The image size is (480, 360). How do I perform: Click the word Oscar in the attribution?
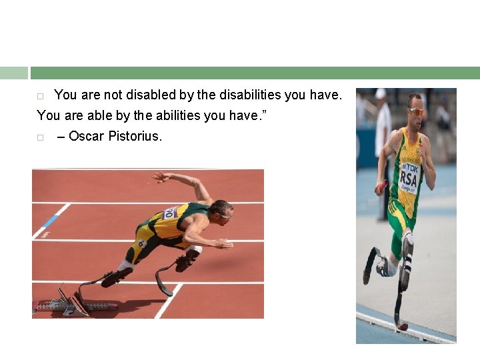(86, 137)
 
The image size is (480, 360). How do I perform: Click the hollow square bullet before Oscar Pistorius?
(40, 137)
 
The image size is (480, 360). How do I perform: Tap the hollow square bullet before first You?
(40, 96)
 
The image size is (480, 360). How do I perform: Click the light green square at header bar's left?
(14, 73)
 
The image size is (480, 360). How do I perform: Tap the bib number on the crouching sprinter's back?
(170, 213)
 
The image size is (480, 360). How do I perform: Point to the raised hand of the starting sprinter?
(160, 177)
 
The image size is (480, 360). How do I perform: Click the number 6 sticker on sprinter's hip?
(141, 244)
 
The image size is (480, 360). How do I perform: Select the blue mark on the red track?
(51, 221)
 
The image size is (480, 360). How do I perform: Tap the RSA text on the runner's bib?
(408, 179)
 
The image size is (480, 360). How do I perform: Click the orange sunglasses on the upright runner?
(415, 111)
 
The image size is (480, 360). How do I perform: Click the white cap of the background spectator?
(381, 94)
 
